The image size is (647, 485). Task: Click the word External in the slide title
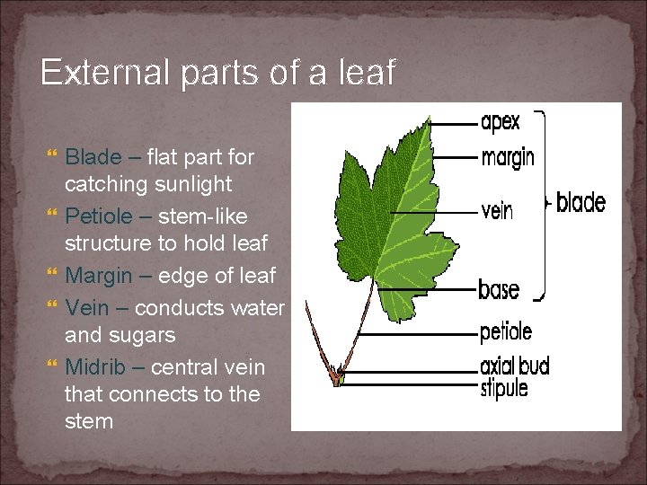pyautogui.click(x=97, y=73)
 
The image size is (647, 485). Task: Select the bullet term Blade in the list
pyautogui.click(x=92, y=157)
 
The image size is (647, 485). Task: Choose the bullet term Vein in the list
pyautogui.click(x=85, y=307)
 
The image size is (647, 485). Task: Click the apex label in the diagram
pyautogui.click(x=501, y=122)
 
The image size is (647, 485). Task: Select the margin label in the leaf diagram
pyautogui.click(x=508, y=157)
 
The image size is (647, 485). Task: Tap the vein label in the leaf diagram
pyautogui.click(x=497, y=212)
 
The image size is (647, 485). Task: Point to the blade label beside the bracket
pyautogui.click(x=581, y=202)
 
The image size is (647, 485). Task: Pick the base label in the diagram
pyautogui.click(x=499, y=289)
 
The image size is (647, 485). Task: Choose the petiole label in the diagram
pyautogui.click(x=506, y=331)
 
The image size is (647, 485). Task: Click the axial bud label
pyautogui.click(x=515, y=366)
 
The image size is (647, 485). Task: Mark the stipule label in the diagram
pyautogui.click(x=504, y=387)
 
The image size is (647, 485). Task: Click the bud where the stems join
pyautogui.click(x=337, y=373)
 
